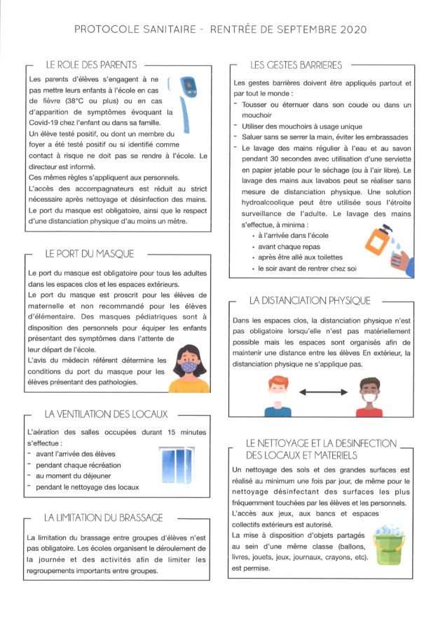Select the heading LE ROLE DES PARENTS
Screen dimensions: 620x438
click(x=91, y=65)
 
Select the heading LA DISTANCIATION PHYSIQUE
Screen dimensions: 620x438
click(x=310, y=300)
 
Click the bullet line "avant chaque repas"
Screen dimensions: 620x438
click(x=289, y=247)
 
